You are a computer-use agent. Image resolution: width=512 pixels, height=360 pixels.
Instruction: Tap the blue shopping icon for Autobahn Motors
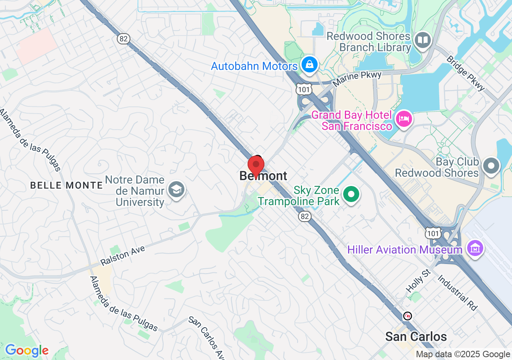pos(309,65)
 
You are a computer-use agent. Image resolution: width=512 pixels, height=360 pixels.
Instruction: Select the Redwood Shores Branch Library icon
pos(422,40)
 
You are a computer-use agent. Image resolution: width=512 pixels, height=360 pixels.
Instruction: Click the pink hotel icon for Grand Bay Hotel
pos(404,119)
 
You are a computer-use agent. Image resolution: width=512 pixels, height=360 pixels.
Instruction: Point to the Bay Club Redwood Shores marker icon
pos(491,166)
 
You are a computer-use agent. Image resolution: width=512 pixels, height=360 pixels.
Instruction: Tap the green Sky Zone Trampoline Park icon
pos(352,195)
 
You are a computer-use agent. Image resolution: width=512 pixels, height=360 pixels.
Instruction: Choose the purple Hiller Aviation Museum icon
pos(475,249)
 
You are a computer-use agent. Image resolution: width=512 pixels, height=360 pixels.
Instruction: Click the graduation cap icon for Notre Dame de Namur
pos(176,190)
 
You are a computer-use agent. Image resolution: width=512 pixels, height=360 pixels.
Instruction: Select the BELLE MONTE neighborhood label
pos(67,185)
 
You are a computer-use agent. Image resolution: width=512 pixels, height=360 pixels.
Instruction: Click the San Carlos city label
pos(416,336)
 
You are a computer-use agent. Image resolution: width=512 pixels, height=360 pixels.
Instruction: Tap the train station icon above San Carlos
pos(408,316)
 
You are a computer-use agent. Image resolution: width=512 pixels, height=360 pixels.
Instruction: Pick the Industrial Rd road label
pos(457,292)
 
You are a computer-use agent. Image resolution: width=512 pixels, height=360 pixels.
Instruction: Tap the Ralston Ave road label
pos(122,256)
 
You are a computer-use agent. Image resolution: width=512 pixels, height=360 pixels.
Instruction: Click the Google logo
pos(26,351)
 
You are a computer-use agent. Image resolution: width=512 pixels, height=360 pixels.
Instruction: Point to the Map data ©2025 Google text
pos(463,354)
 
